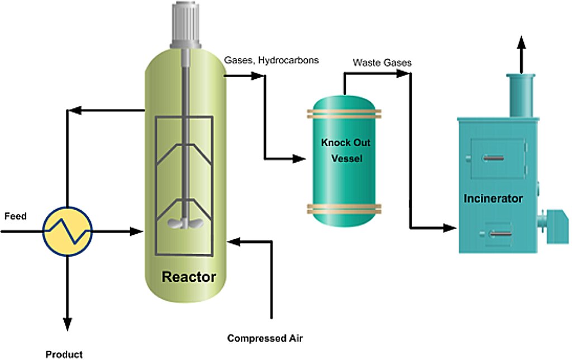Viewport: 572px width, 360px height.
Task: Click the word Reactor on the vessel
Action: [189, 276]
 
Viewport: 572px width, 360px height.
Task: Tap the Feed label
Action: [15, 216]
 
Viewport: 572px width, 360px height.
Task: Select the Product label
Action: [64, 354]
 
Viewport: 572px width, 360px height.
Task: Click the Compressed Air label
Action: [268, 338]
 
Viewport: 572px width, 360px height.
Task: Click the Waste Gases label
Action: [382, 63]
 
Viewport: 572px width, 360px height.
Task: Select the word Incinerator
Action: [493, 198]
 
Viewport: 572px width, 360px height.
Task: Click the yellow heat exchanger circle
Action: [68, 230]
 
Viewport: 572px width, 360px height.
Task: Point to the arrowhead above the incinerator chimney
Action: [521, 43]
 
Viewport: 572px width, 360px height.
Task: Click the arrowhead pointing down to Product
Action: [68, 323]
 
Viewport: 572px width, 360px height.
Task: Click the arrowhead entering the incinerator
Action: [451, 228]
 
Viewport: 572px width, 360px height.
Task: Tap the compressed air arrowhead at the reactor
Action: [233, 241]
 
